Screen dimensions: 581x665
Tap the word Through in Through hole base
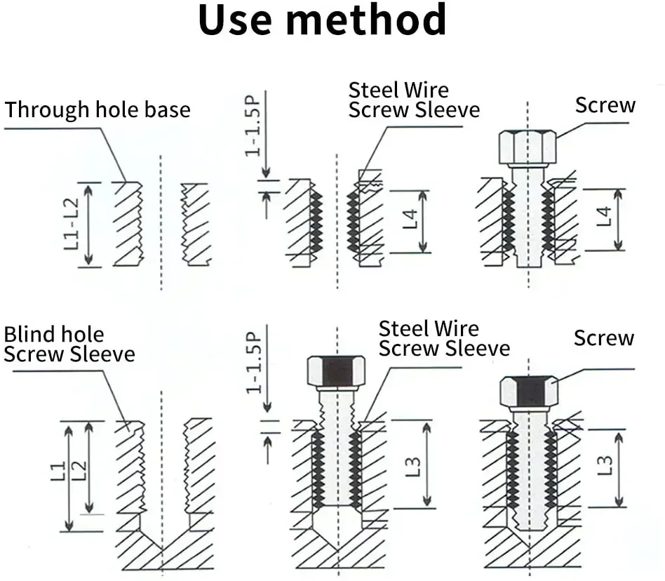(x=48, y=110)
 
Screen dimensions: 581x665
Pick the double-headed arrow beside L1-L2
(x=88, y=224)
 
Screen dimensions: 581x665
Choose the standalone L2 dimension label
(x=79, y=469)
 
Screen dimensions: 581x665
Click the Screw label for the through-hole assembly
(x=605, y=105)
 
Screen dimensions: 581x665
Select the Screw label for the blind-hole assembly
(x=603, y=338)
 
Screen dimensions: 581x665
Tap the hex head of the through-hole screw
(x=528, y=147)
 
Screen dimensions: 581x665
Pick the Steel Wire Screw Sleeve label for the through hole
(x=414, y=100)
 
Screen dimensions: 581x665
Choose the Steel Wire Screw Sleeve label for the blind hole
(x=444, y=338)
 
